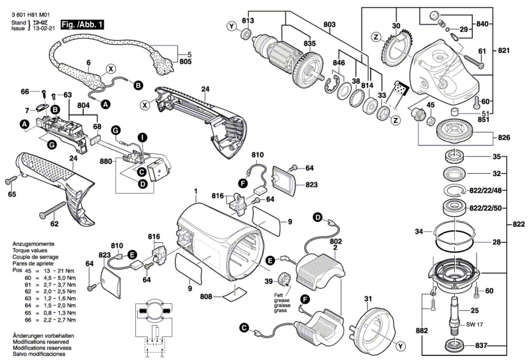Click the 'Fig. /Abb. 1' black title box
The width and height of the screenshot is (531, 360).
point(82,25)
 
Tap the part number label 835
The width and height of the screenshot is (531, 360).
point(310,44)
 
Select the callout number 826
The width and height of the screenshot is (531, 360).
point(504,137)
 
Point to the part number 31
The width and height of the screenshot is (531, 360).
point(368,299)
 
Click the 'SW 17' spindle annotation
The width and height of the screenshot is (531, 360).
point(474,324)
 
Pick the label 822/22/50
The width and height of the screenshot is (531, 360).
point(486,208)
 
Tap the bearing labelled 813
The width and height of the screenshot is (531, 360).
point(246,34)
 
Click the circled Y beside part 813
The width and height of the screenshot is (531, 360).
point(232,26)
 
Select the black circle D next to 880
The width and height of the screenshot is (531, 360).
point(143,184)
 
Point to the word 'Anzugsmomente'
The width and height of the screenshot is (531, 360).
point(34,244)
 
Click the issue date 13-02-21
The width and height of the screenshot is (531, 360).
point(43,28)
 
